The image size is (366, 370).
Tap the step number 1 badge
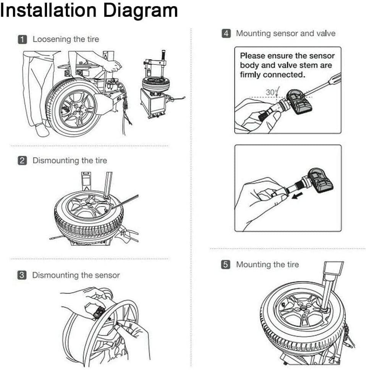[23, 39]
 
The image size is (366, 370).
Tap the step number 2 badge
[23, 161]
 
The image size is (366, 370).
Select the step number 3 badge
[23, 275]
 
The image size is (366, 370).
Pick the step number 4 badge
[227, 34]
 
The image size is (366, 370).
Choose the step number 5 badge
[227, 265]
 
